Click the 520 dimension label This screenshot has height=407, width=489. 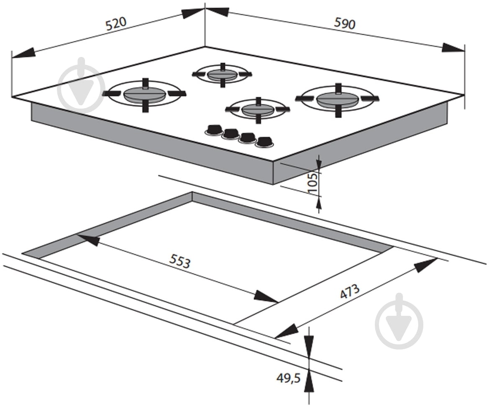pos(116,24)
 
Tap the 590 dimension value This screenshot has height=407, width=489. pos(345,23)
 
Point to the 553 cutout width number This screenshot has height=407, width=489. pos(179,261)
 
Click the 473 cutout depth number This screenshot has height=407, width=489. pos(350,291)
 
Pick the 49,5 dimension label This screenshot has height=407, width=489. pos(288,378)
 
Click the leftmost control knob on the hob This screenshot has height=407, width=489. pos(214,129)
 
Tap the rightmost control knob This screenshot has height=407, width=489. pos(264,142)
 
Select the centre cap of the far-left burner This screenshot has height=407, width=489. pos(143,94)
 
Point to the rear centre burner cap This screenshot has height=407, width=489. pos(222,75)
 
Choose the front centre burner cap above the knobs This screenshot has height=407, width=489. pos(258,109)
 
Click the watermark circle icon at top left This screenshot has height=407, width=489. pos(82,85)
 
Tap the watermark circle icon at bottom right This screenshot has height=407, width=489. pos(399,322)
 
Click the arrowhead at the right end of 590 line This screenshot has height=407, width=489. pos(453,48)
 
